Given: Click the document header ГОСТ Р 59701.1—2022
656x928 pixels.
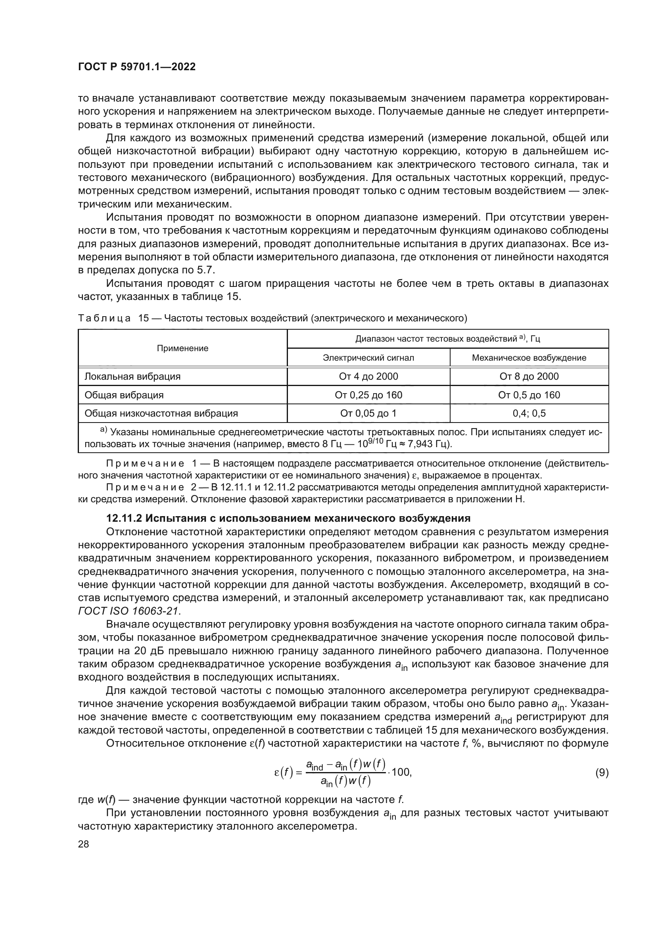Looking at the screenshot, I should [136, 67].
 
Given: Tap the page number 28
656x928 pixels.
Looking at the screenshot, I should [83, 844].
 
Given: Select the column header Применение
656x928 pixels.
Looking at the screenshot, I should [182, 348].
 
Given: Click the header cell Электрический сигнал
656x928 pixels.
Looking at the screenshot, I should [368, 358].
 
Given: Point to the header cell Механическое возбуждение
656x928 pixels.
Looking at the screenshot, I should [529, 358].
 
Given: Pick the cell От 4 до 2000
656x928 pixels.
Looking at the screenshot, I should [368, 376].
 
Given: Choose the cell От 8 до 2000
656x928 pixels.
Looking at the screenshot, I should [529, 376].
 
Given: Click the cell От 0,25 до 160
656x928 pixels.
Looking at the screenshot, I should [368, 395].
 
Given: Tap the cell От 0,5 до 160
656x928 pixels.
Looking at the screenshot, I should [529, 395].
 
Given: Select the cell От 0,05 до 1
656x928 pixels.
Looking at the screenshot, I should [368, 413].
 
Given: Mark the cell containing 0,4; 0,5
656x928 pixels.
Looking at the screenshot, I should [529, 413].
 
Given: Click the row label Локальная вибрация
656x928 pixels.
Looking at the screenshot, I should [132, 376].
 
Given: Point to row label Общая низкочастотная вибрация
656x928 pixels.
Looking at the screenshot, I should [161, 413].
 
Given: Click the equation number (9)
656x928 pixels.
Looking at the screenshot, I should [602, 773].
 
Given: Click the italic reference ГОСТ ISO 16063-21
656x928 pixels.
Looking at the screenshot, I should [129, 611].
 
